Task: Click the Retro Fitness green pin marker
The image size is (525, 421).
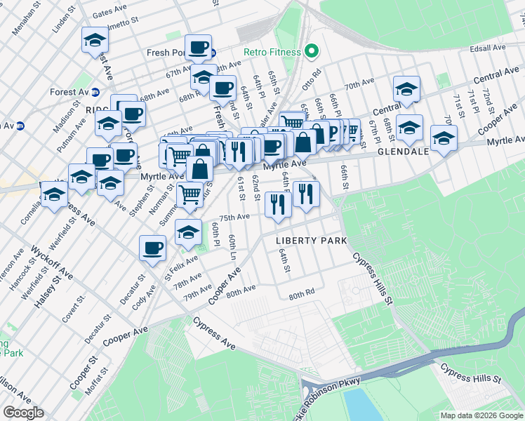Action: click(x=312, y=52)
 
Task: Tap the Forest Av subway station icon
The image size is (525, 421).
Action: click(x=95, y=92)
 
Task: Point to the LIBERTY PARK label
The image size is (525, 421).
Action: click(x=312, y=241)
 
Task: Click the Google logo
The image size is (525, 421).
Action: click(x=23, y=413)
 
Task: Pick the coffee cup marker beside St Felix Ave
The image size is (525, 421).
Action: click(x=152, y=248)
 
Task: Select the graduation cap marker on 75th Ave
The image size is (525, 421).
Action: click(x=188, y=232)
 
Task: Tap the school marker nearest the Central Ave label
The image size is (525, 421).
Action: click(x=406, y=88)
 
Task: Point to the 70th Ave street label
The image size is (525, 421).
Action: click(x=359, y=84)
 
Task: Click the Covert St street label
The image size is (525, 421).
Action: click(x=73, y=307)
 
